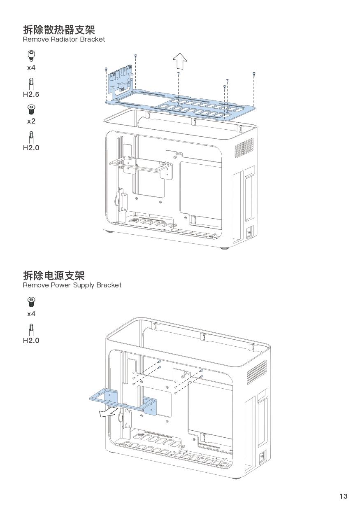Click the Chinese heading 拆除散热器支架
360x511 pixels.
click(59, 30)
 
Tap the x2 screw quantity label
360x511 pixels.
click(31, 121)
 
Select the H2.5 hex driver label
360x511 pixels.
click(31, 94)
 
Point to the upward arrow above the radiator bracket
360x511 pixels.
click(180, 61)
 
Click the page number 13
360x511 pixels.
click(343, 496)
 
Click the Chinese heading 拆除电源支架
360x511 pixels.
click(54, 275)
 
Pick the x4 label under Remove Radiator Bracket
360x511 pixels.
click(31, 67)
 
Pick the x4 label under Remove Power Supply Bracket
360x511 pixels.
click(31, 314)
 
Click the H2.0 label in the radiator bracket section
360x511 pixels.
click(31, 148)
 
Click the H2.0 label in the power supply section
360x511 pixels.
click(31, 341)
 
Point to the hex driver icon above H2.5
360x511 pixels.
click(31, 82)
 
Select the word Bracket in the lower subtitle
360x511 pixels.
click(109, 285)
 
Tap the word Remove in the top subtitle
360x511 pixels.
click(36, 40)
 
